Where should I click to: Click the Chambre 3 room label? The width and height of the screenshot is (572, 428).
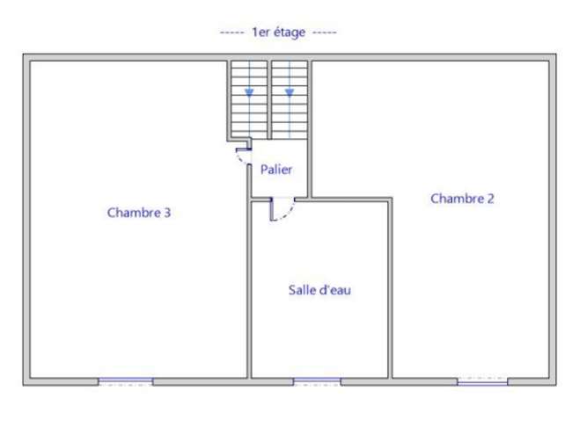(139, 213)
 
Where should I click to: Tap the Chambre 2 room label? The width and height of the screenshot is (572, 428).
(462, 199)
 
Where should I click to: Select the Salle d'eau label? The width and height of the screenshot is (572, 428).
(319, 290)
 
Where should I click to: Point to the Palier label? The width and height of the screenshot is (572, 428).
(276, 170)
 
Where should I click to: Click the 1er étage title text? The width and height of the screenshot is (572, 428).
(279, 33)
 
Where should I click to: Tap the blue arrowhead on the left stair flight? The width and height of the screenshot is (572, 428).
(249, 92)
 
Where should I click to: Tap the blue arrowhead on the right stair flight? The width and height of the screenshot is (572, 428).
(290, 92)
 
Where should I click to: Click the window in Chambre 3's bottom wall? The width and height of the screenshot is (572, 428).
(126, 381)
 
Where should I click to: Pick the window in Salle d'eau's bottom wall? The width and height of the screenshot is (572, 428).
(317, 381)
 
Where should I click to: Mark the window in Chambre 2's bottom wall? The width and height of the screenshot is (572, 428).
(482, 381)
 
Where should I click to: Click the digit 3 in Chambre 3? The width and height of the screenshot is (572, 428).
(167, 213)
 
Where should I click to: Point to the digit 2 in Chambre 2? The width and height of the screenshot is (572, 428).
(491, 199)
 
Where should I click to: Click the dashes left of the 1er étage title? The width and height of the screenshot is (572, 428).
(232, 33)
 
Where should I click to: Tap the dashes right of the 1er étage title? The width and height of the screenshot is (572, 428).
(325, 33)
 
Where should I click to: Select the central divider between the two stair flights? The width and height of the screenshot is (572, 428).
(269, 100)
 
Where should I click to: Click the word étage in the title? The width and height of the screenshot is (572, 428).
(290, 33)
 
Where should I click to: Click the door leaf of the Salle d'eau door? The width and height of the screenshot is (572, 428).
(271, 209)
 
